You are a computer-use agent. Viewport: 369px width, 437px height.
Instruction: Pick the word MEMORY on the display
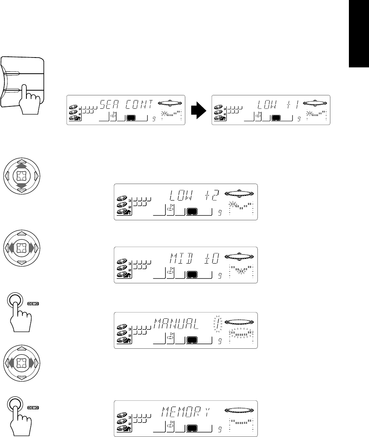pos(185,412)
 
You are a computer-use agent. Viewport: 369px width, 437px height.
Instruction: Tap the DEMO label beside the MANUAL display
pos(34,304)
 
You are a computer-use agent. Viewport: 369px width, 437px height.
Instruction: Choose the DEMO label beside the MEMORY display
pos(34,408)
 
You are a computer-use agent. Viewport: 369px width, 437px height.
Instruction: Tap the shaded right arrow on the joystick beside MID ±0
pos(31,248)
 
